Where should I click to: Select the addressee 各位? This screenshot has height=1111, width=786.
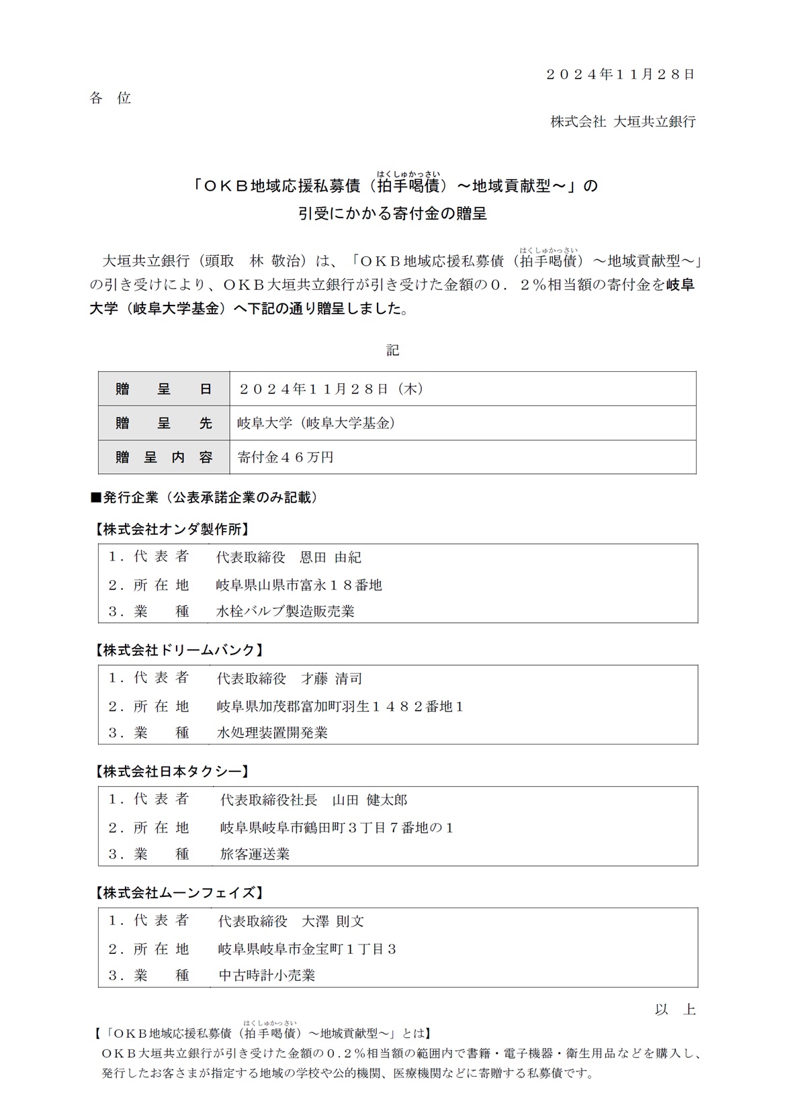110,98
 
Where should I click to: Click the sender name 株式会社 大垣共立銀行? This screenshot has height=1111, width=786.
623,122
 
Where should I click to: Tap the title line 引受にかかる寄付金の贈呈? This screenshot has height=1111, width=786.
392,213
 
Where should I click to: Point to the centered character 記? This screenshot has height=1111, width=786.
392,350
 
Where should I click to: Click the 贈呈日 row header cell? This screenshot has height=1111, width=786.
164,389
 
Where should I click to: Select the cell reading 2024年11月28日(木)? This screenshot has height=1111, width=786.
331,389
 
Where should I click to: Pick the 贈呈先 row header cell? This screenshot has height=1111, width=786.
164,423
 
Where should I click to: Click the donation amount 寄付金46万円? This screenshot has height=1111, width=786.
286,457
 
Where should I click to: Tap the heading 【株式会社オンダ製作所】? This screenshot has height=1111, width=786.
172,529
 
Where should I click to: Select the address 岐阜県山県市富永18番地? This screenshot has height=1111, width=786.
299,585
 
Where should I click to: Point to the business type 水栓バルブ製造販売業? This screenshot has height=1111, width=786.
286,612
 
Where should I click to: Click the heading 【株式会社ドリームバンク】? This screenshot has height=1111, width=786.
179,650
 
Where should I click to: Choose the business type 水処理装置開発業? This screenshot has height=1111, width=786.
272,732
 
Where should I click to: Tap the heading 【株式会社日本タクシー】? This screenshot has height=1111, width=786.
172,771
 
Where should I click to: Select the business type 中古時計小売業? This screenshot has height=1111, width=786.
267,975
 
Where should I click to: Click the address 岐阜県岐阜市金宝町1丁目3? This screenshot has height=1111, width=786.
307,949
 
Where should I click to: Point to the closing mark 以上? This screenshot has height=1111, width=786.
675,1010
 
